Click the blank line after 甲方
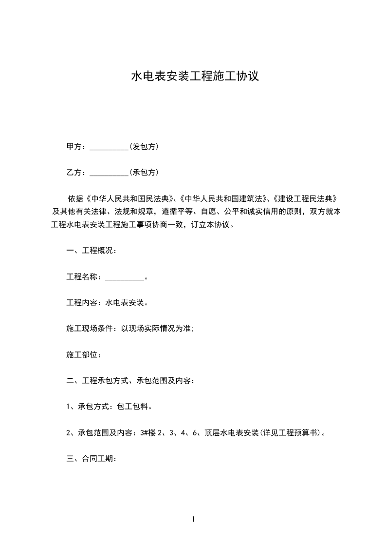(109, 147)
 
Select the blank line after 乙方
(109, 173)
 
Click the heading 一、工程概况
(91, 251)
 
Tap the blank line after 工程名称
(124, 278)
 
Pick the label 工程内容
(83, 303)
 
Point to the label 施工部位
(83, 355)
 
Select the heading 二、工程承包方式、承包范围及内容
(130, 381)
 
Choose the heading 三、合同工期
(91, 459)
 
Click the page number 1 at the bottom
(193, 519)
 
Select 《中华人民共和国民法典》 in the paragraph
(130, 199)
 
